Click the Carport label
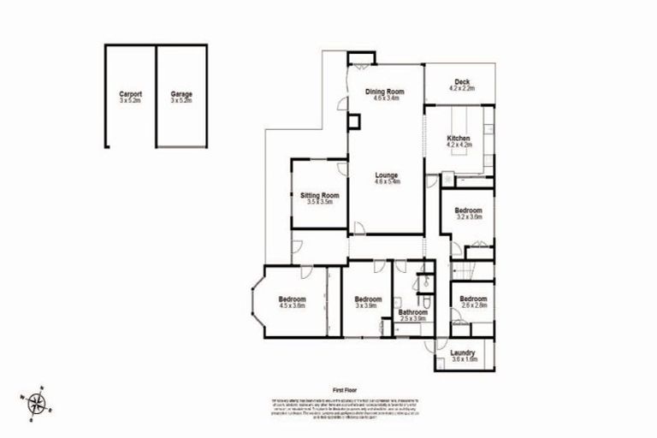[130, 93]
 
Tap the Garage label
[181, 93]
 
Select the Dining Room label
[384, 92]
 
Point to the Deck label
[462, 82]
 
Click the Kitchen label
[459, 138]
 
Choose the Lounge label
[387, 175]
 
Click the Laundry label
[462, 352]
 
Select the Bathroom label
[413, 312]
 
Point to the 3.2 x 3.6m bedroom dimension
[469, 217]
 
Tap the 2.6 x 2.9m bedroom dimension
[472, 305]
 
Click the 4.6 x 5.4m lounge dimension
[387, 182]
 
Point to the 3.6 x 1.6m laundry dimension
[462, 359]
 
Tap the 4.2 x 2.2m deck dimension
[462, 89]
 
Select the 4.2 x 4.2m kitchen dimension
[459, 145]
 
